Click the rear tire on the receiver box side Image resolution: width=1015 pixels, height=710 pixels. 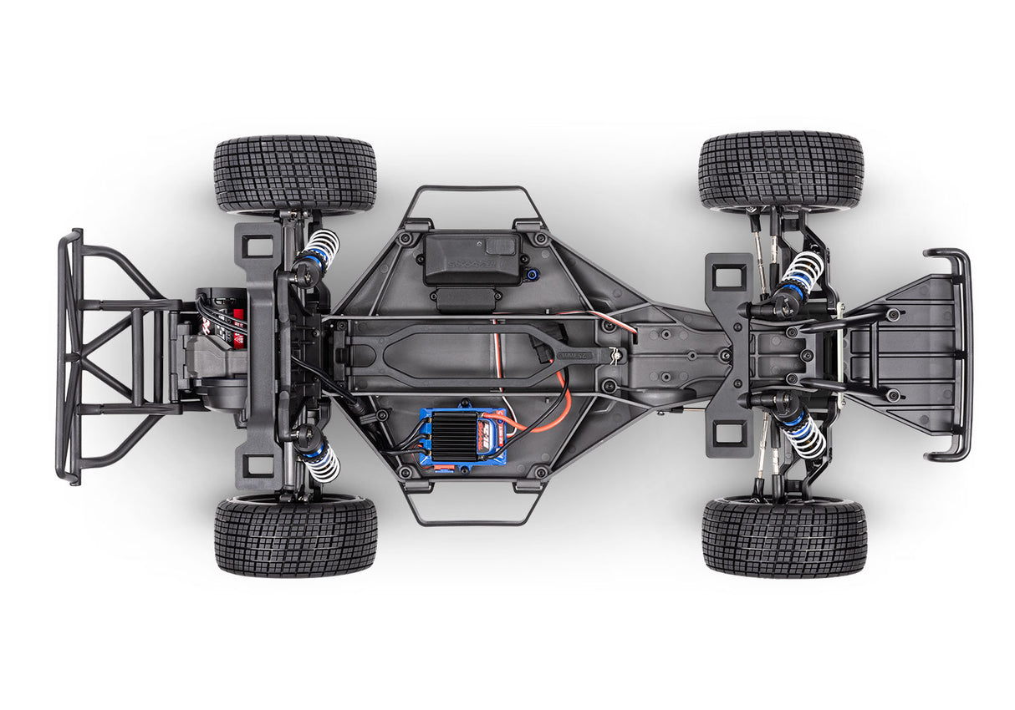point(294,175)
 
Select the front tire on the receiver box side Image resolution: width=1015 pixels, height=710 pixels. point(780,170)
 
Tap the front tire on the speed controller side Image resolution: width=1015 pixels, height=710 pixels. point(783,537)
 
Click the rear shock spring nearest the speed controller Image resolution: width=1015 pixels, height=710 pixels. point(322,461)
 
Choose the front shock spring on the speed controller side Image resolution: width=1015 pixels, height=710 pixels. point(804,435)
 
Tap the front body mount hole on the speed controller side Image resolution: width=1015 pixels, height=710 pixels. point(728,432)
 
